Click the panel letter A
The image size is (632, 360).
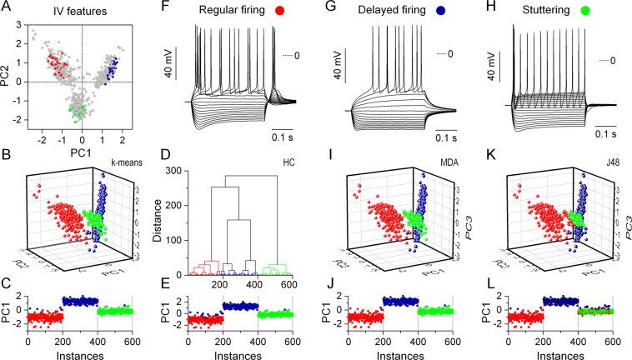7,7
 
